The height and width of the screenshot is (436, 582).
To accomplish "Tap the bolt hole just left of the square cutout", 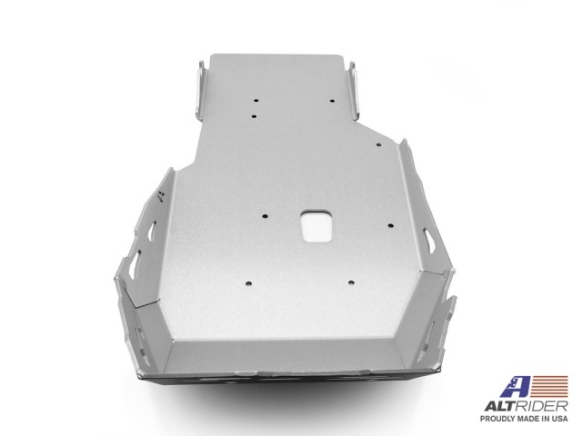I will (264, 215).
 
